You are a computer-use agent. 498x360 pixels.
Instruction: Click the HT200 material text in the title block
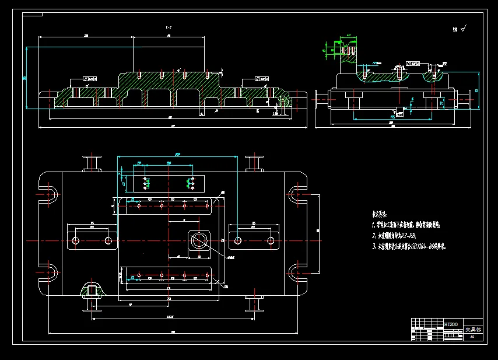pos(451,324)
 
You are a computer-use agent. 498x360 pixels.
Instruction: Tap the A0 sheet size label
pos(472,337)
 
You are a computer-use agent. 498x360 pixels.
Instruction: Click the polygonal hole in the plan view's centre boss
pos(199,240)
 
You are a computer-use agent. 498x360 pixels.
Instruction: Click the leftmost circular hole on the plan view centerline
pos(76,240)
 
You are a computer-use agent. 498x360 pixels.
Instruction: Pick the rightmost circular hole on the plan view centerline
pos(271,240)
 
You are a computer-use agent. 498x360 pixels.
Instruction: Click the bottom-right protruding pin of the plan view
pos(253,302)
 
